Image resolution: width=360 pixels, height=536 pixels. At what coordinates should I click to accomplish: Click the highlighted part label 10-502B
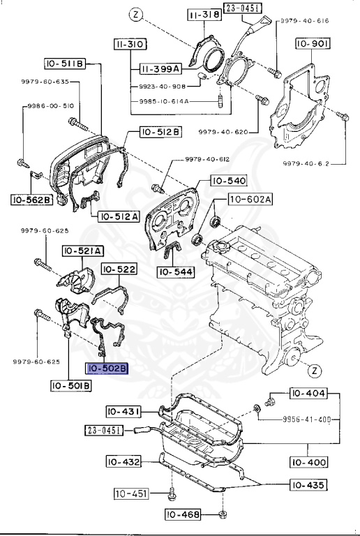[x=107, y=368]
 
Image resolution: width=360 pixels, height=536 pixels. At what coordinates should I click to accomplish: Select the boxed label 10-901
[x=313, y=44]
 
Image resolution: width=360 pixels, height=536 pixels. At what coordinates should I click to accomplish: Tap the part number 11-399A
[x=160, y=69]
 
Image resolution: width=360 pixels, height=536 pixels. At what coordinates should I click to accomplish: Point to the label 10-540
[x=229, y=181]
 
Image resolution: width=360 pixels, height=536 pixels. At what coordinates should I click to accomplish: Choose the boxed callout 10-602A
[x=250, y=200]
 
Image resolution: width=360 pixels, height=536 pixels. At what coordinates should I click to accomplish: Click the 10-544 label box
[x=176, y=272]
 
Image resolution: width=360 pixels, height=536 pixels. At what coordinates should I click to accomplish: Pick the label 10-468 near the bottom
[x=183, y=514]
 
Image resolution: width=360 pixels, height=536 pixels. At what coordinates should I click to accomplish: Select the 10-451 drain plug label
[x=131, y=493]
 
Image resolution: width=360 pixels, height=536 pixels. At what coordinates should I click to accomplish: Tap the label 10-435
[x=308, y=485]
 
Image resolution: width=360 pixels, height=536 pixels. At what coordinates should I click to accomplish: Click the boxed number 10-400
[x=308, y=462]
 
